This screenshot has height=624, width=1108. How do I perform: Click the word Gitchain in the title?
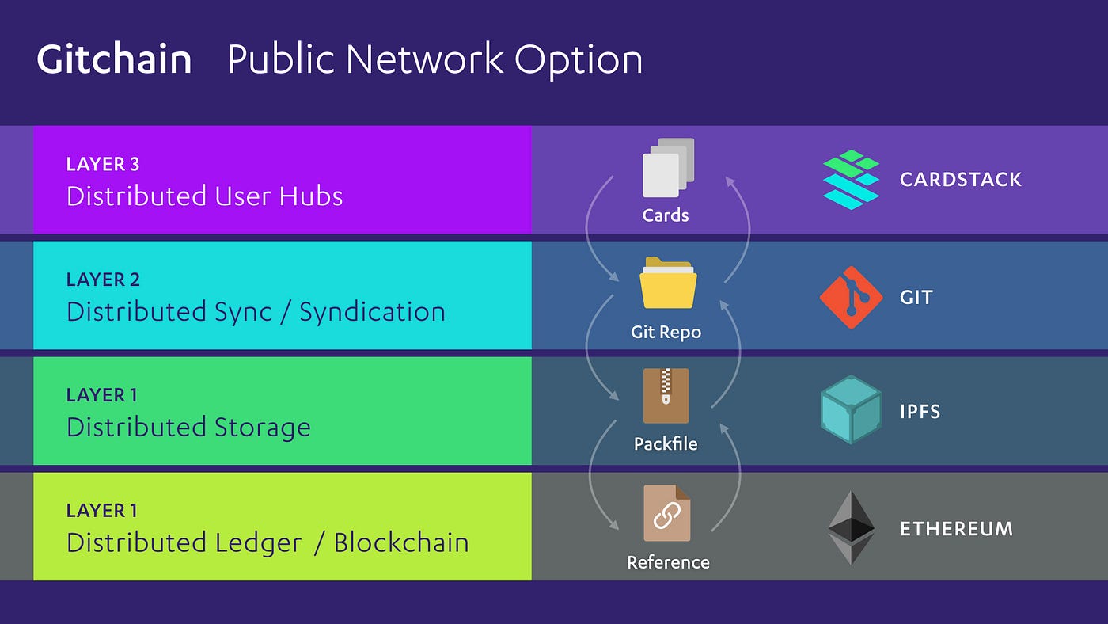[114, 60]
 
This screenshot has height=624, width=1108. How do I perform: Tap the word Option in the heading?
[579, 60]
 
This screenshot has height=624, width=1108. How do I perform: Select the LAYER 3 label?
[103, 164]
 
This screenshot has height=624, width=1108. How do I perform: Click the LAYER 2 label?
[103, 280]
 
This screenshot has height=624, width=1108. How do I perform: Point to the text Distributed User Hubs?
[204, 196]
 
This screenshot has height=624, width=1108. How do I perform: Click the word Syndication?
[372, 311]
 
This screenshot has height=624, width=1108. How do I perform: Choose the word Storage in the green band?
[262, 427]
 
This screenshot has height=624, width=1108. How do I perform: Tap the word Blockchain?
[401, 542]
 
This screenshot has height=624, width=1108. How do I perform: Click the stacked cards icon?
[667, 167]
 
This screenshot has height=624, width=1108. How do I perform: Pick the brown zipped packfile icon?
[666, 396]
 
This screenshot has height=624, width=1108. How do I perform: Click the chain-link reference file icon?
[666, 513]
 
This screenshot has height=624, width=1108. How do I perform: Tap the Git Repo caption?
[666, 332]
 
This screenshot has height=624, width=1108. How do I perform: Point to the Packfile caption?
[666, 444]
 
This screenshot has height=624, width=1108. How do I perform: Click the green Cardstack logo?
[851, 180]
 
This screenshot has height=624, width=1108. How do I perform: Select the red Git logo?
[851, 298]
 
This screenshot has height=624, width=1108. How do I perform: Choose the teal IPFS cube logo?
[851, 410]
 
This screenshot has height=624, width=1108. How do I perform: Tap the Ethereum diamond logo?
[851, 527]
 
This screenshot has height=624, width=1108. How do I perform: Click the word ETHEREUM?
[956, 528]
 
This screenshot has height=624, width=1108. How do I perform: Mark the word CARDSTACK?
[961, 179]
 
